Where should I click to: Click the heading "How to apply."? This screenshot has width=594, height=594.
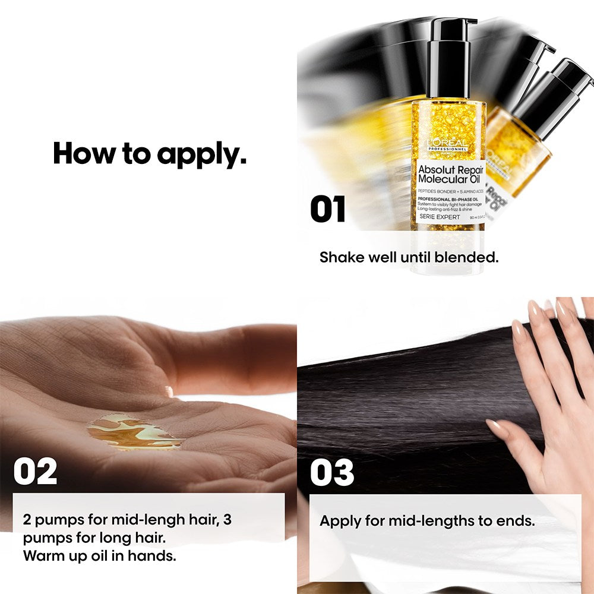pos(150,153)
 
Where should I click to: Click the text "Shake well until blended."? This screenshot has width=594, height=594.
pos(409,258)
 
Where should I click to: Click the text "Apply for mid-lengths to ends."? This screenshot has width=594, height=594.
pos(427,521)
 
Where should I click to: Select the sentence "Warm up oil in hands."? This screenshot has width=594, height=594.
pos(100,556)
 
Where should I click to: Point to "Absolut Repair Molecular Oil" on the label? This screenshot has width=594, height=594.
pos(450,174)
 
